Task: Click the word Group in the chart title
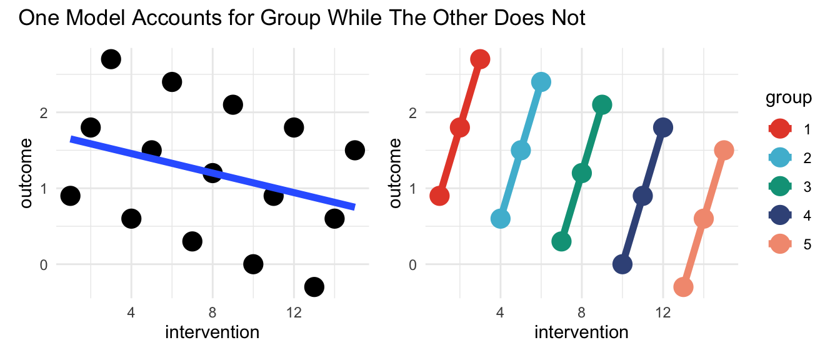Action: pos(290,18)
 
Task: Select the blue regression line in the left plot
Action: pos(212,173)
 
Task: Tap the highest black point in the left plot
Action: pos(111,59)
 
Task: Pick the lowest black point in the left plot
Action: pos(314,287)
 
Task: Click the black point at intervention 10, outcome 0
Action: pos(253,264)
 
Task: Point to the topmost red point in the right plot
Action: pos(480,59)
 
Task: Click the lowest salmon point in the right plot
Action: pos(683,287)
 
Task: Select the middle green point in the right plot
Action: pos(582,173)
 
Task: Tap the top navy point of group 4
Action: pos(663,127)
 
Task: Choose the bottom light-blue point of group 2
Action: pos(500,219)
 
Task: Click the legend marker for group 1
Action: pos(780,129)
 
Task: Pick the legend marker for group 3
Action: pos(780,187)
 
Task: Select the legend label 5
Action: pos(807,244)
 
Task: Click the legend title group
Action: pos(789,97)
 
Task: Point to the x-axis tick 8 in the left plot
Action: pos(212,312)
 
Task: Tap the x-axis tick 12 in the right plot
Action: pos(663,312)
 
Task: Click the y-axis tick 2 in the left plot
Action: pos(44,112)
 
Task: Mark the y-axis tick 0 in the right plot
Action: pos(413,265)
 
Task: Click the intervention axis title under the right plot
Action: pos(582,332)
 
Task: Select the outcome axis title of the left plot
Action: pos(26,173)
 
